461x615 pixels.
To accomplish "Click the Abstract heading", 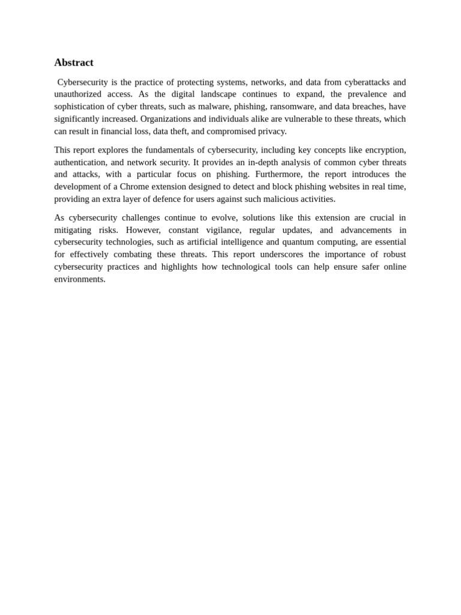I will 74,62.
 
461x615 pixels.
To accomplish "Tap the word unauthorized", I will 77,94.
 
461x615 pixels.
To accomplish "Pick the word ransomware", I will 288,106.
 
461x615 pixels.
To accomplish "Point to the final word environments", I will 79,279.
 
